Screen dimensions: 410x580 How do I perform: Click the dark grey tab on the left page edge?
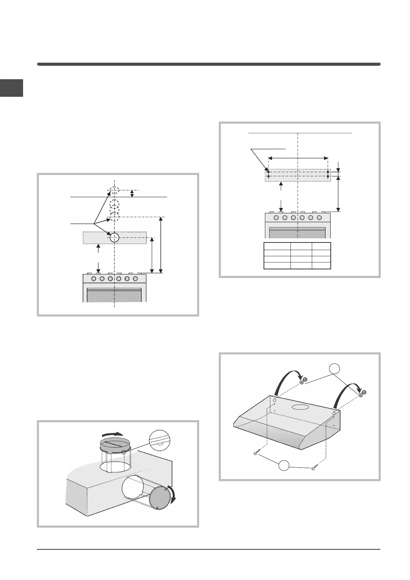11,88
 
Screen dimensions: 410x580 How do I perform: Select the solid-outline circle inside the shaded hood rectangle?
114,237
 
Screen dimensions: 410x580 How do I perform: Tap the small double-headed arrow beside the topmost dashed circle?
132,194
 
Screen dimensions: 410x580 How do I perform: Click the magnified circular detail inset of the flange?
160,442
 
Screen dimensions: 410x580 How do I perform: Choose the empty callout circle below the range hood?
284,465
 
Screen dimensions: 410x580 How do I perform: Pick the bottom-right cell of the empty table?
321,265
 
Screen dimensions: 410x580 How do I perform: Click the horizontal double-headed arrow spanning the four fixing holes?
298,158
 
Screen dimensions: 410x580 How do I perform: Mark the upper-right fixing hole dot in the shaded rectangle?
328,172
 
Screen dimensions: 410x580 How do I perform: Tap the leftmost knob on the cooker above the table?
276,218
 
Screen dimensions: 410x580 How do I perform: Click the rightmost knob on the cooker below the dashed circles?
135,278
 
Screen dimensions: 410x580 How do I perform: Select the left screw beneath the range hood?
256,453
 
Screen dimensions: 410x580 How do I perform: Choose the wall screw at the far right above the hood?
362,394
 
